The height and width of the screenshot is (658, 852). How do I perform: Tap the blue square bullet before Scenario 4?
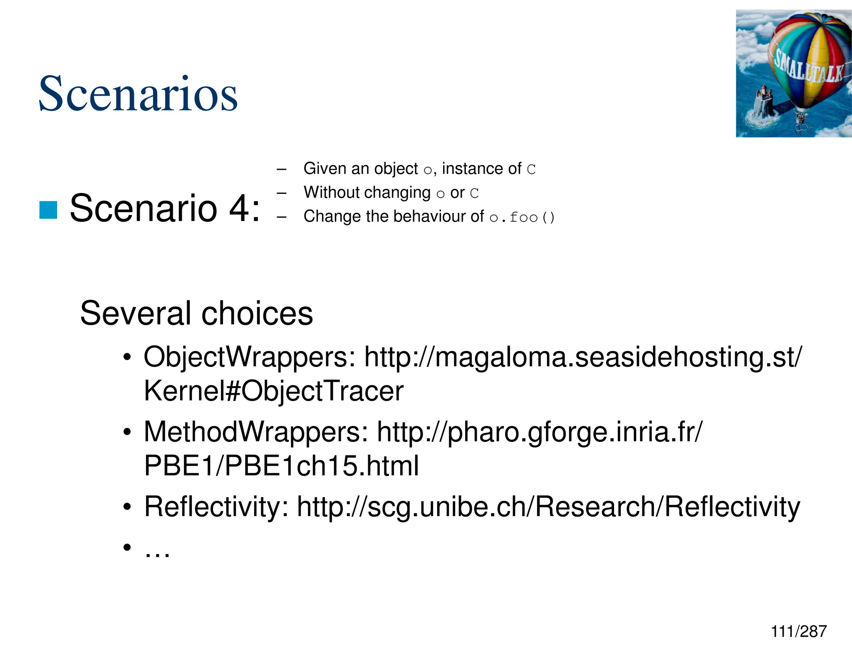coord(48,210)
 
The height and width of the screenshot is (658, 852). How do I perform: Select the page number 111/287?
coord(798,631)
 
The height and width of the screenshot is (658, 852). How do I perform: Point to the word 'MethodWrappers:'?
coord(256,432)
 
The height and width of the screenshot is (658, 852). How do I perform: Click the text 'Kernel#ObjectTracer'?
coord(273,391)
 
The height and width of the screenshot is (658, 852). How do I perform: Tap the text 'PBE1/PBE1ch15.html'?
coord(281,466)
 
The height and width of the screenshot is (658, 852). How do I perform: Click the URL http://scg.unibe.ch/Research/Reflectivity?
coord(548,507)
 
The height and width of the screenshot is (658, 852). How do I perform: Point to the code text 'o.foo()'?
coord(522,218)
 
